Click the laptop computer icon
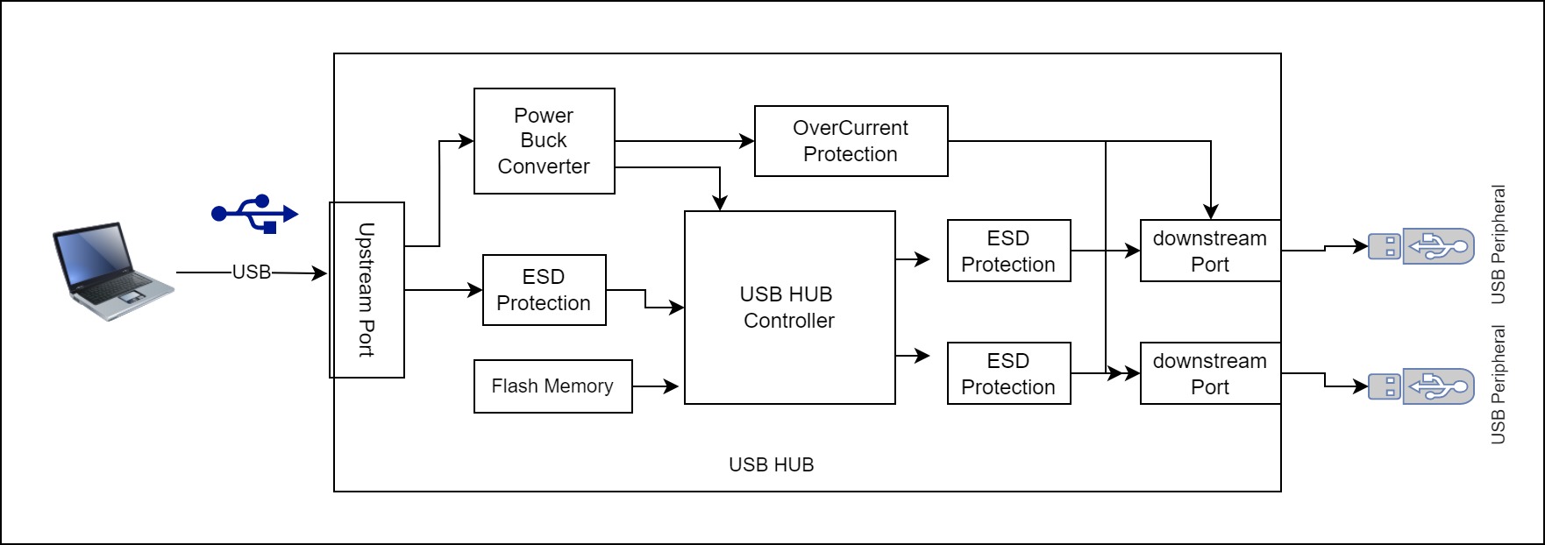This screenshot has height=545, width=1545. click(114, 271)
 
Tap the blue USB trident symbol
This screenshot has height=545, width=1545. click(255, 213)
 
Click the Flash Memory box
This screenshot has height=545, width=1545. click(553, 386)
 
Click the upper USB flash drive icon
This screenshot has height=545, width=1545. click(1421, 246)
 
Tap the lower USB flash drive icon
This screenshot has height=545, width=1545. click(1421, 386)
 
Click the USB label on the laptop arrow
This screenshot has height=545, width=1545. click(252, 272)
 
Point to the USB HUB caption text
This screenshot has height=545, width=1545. click(772, 464)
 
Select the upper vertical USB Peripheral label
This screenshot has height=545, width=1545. click(1499, 244)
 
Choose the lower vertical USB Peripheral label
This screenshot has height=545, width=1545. click(1499, 385)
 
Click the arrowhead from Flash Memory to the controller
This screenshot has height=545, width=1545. click(672, 386)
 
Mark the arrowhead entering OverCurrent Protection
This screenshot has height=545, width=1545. click(747, 141)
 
